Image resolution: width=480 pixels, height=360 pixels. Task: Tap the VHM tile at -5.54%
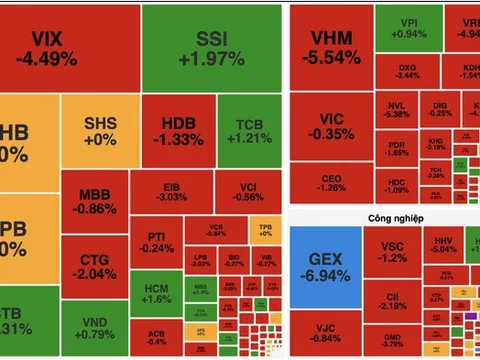pos(329,47)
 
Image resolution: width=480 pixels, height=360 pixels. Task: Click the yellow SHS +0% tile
pos(100,130)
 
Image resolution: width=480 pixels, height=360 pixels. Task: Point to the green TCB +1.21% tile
pos(249,131)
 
